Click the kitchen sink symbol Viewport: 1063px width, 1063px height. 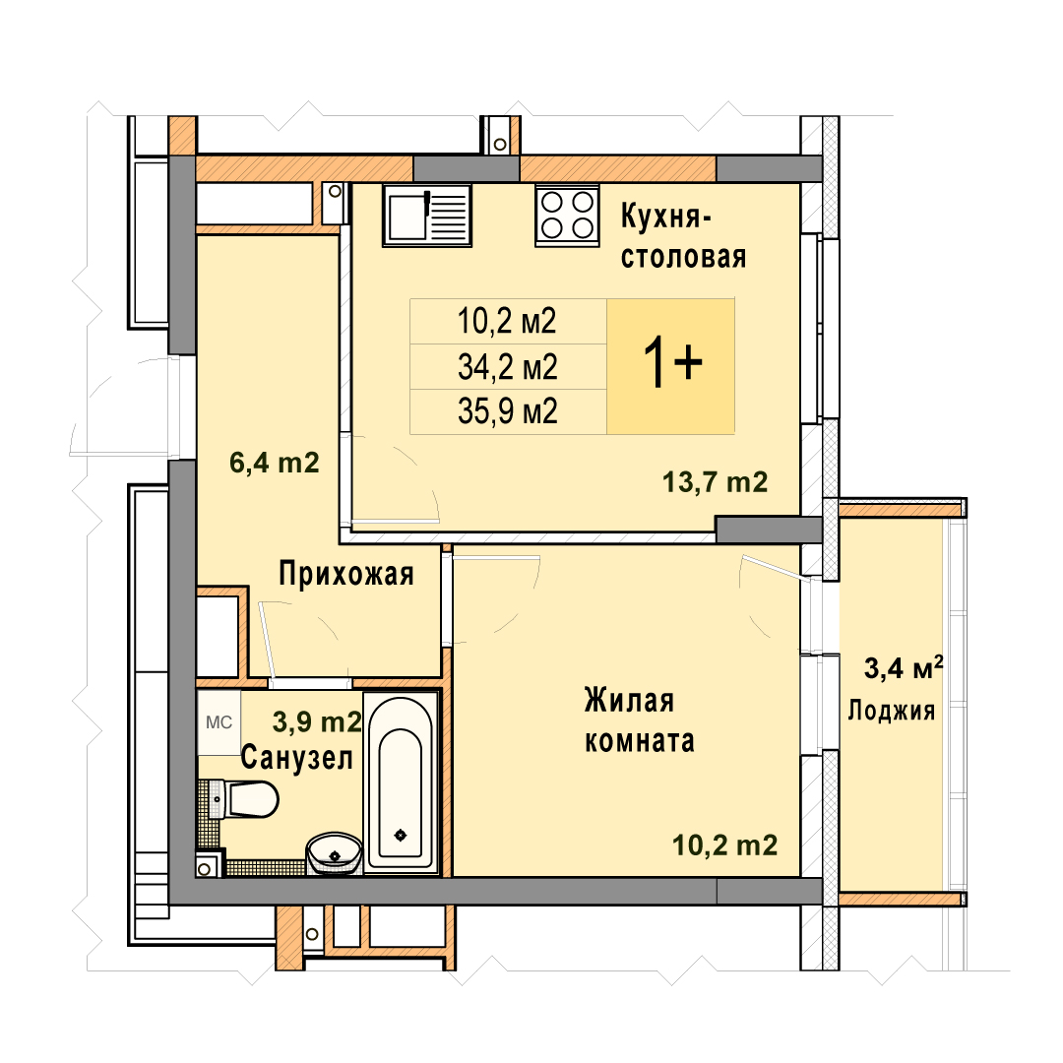427,215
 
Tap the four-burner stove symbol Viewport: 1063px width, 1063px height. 568,215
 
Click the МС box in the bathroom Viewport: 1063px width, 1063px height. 219,722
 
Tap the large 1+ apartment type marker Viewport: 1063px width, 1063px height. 672,364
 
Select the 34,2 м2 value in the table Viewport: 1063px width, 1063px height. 507,367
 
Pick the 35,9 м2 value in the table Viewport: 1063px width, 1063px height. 507,411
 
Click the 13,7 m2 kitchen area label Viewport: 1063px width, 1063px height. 716,482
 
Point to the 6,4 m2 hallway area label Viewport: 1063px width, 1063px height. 274,463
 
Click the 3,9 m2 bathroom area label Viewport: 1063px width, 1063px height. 317,722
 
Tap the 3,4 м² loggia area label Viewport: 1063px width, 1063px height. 904,668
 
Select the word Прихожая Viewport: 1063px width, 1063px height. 346,574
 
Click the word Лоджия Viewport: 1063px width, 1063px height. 892,711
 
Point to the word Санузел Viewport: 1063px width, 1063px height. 297,757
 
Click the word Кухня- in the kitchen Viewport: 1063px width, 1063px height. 665,217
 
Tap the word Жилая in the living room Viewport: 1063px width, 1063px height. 629,701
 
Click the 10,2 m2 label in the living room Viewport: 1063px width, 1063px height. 724,845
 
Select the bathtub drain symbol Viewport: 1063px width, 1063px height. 401,835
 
